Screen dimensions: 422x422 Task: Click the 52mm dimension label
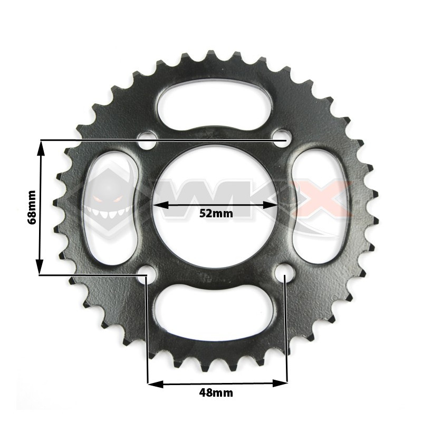[215, 214]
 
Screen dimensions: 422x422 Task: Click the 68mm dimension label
[32, 207]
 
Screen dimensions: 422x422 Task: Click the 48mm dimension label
[216, 392]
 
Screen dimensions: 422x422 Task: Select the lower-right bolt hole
[284, 272]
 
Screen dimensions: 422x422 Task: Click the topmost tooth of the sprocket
[212, 55]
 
